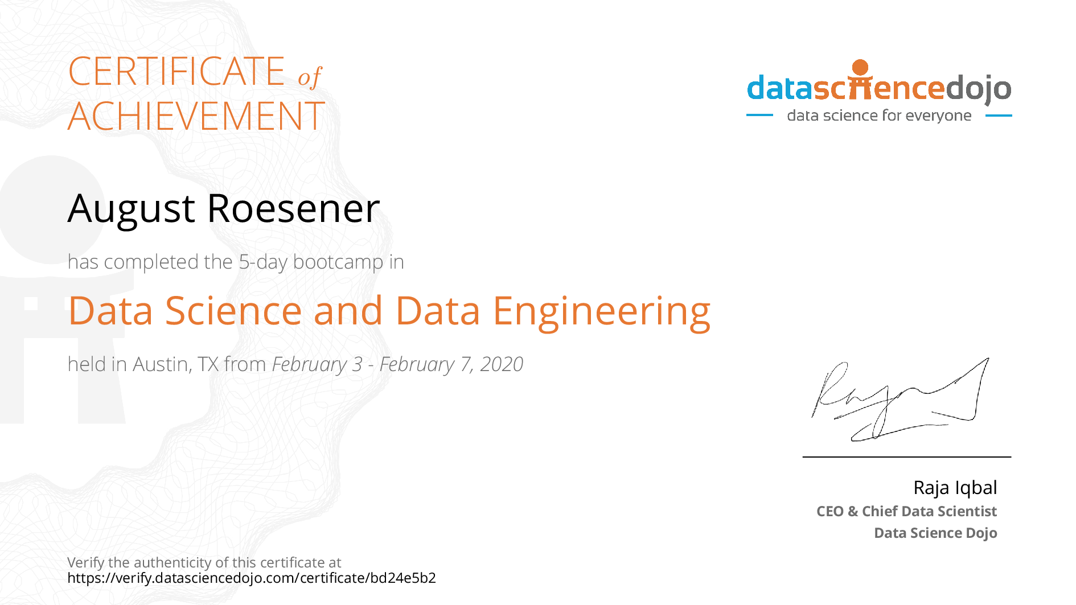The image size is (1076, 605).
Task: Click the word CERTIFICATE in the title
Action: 176,72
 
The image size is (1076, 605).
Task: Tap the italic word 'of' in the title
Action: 310,77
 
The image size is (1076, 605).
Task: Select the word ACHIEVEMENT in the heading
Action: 196,116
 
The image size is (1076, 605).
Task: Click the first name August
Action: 132,209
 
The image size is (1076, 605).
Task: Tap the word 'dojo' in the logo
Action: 979,88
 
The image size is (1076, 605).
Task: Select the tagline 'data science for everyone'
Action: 879,116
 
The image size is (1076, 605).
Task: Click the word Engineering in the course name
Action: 602,312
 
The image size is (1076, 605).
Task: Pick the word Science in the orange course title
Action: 233,311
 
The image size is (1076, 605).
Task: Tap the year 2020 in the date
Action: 502,364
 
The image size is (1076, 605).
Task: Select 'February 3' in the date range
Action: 317,364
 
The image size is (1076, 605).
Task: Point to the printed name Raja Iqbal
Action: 955,488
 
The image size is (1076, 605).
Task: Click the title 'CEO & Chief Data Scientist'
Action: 906,511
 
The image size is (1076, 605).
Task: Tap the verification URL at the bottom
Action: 252,578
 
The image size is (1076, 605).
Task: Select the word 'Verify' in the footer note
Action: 86,563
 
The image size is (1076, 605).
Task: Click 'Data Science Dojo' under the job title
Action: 935,533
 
